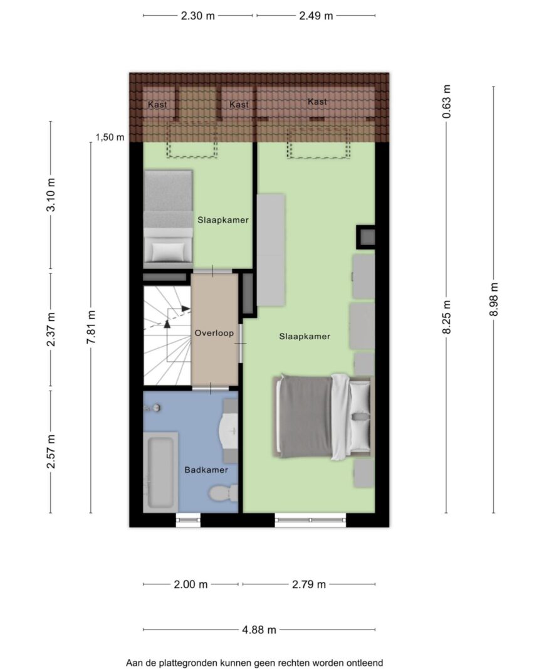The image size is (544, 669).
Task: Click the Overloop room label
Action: coord(214,333)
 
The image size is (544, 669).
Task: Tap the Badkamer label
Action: coord(206,470)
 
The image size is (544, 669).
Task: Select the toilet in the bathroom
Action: coord(223,493)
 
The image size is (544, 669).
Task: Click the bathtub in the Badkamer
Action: coord(160,471)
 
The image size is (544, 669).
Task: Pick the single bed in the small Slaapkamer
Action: coord(168,216)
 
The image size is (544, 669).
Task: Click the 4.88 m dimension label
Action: coord(259,629)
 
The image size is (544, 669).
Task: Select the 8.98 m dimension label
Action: coord(494,300)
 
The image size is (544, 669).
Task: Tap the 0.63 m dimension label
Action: coord(446,102)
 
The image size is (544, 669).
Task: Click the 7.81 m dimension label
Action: coord(91,327)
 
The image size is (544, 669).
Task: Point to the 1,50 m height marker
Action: coord(110,137)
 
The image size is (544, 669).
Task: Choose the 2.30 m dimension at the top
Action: coord(198,16)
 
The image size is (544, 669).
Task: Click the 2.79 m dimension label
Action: coord(309,584)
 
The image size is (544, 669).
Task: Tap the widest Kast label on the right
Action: coord(317,102)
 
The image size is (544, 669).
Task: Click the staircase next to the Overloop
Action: coord(167,335)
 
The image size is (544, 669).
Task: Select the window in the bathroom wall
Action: coord(188,520)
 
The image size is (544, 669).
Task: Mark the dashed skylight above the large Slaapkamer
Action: coord(318,142)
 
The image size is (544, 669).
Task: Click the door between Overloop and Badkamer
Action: coord(211,389)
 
